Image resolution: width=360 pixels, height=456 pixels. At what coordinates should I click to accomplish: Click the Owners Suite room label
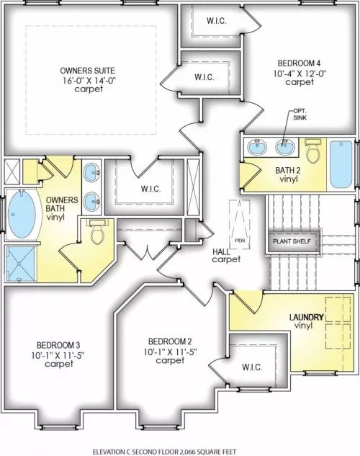(87, 71)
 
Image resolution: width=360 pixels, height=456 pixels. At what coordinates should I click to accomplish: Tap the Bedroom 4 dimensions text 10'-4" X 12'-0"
(300, 73)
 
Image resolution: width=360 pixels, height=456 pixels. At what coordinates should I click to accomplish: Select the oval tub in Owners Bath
(22, 213)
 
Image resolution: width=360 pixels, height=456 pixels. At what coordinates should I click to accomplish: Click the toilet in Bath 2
(312, 151)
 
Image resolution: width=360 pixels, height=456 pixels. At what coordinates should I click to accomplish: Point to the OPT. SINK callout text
(300, 115)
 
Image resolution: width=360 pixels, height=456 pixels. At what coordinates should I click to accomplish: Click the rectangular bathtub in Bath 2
(341, 164)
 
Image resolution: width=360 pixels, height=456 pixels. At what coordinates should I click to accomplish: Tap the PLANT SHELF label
(292, 241)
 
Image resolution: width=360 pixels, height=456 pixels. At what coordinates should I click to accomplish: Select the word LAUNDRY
(307, 317)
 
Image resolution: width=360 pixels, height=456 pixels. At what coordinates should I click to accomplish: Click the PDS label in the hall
(240, 241)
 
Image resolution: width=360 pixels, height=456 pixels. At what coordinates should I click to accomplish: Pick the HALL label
(221, 251)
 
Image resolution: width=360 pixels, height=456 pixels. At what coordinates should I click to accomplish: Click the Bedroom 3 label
(58, 345)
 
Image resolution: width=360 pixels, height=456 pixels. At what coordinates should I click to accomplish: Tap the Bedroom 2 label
(170, 341)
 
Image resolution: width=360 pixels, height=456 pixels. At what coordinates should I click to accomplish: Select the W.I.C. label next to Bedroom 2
(252, 367)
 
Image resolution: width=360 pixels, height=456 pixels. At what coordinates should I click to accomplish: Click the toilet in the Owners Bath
(98, 232)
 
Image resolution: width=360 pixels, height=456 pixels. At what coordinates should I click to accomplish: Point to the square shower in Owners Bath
(20, 264)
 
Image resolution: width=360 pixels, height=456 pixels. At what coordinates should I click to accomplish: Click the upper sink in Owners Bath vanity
(91, 172)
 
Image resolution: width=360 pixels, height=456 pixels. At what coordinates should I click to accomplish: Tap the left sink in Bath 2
(257, 146)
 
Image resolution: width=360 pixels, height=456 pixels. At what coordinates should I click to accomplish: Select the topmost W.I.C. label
(217, 21)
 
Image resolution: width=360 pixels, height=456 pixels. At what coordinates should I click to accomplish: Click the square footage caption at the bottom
(164, 452)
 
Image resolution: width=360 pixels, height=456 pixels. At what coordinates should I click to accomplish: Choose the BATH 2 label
(288, 171)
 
